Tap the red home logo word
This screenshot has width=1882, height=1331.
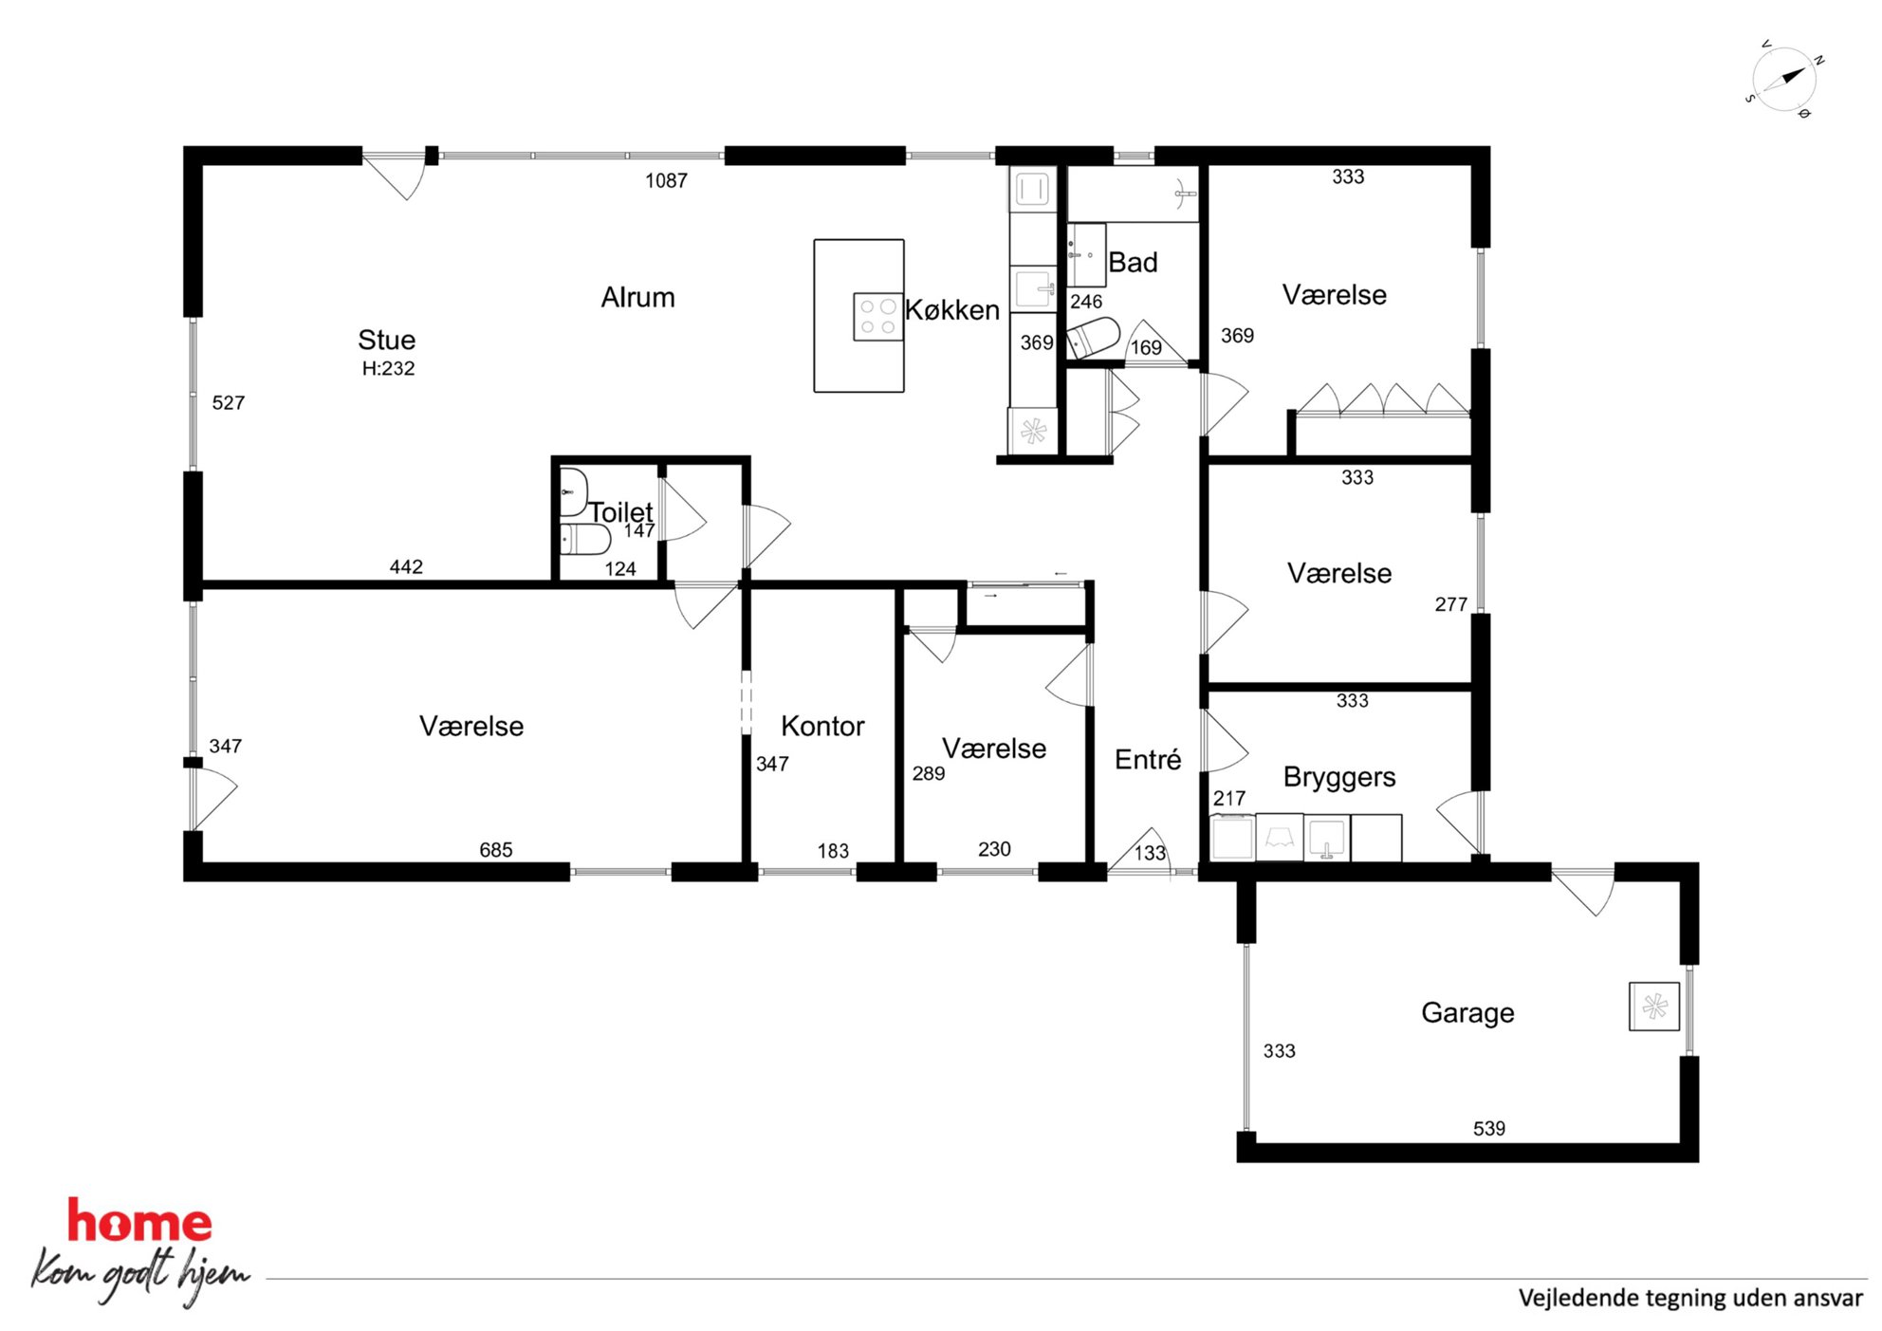click(139, 1221)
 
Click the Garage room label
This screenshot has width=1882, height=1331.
click(1467, 1013)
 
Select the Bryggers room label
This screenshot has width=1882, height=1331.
click(1339, 777)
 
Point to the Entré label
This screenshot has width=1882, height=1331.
click(1148, 759)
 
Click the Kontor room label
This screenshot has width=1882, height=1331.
click(822, 726)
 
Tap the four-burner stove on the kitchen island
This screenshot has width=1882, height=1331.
click(877, 317)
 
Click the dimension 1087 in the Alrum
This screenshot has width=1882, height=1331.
click(666, 180)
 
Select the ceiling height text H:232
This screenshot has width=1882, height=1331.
click(388, 368)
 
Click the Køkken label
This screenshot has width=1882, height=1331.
click(952, 309)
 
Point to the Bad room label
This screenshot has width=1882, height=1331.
click(1133, 262)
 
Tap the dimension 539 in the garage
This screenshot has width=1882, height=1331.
click(1489, 1128)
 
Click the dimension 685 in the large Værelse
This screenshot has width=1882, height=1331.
click(495, 850)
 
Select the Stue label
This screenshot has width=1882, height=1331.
click(386, 340)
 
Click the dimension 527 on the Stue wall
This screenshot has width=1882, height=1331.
click(228, 402)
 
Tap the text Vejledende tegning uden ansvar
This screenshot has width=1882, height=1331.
click(1690, 1298)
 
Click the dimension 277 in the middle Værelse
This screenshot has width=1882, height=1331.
click(1450, 604)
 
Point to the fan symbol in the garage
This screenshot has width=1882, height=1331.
click(1654, 1007)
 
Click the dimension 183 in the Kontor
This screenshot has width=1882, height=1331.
click(833, 851)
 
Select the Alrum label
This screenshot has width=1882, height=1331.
click(637, 297)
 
